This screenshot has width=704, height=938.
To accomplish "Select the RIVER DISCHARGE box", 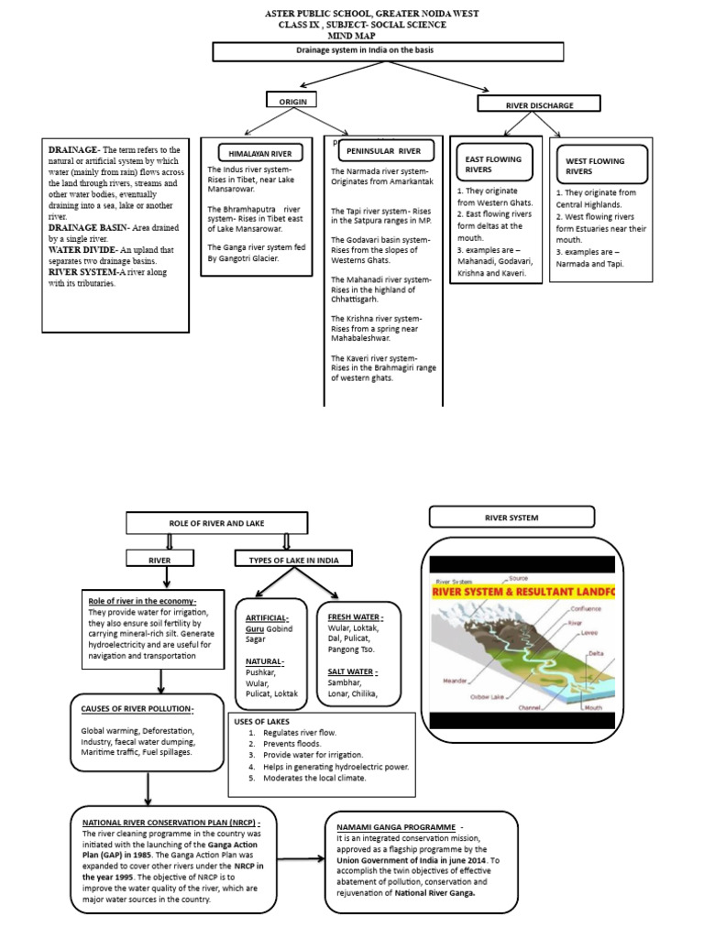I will [540, 105].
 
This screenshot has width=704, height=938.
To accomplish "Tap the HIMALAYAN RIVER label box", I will [256, 152].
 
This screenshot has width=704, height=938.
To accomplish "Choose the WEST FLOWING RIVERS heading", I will [595, 166].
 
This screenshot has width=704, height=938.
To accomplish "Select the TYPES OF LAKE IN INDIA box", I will [288, 559].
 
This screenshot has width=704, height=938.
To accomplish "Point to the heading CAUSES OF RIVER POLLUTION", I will [137, 709].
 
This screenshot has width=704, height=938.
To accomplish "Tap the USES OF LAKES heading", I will [264, 722].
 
